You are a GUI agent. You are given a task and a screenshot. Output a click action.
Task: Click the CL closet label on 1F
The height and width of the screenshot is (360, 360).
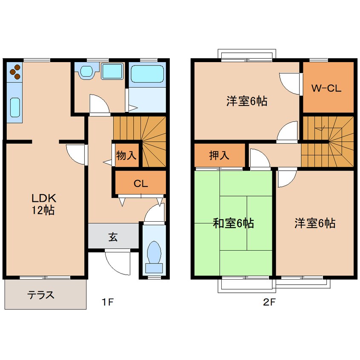click(140, 184)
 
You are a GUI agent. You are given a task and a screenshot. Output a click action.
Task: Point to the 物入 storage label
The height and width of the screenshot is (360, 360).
click(126, 155)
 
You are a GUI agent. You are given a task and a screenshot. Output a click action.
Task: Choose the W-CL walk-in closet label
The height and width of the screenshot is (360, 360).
click(326, 89)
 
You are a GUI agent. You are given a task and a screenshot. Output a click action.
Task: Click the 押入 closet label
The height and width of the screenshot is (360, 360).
click(219, 155)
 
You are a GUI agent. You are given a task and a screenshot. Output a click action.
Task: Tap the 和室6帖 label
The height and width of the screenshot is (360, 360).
click(233, 223)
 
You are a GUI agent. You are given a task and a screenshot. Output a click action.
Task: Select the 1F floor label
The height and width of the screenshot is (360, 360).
click(108, 303)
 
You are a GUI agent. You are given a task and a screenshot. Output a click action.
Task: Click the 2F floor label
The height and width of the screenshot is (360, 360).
click(269, 303)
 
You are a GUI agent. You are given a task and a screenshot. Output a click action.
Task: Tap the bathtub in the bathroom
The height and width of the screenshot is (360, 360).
click(147, 74)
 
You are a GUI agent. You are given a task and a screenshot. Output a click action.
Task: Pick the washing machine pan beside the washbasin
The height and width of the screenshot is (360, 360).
click(112, 71)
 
